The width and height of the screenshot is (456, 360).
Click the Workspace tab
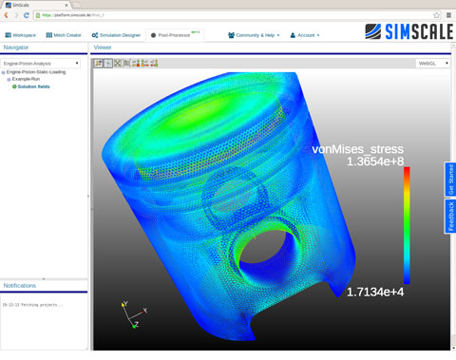coord(20,35)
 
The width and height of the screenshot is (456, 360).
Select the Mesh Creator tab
coord(65,35)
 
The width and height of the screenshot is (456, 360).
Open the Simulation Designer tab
coord(117,35)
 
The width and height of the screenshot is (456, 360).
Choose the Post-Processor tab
coord(173,35)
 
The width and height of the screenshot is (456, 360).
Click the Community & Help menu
coord(254,35)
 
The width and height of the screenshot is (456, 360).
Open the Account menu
coord(305,35)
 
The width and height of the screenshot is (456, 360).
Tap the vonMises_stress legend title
coord(361,149)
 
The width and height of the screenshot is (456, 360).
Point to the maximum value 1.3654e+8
coord(374,162)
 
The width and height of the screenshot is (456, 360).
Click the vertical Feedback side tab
coord(450,216)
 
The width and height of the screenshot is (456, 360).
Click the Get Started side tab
coord(450,180)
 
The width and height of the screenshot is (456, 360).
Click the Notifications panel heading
coord(20,285)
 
